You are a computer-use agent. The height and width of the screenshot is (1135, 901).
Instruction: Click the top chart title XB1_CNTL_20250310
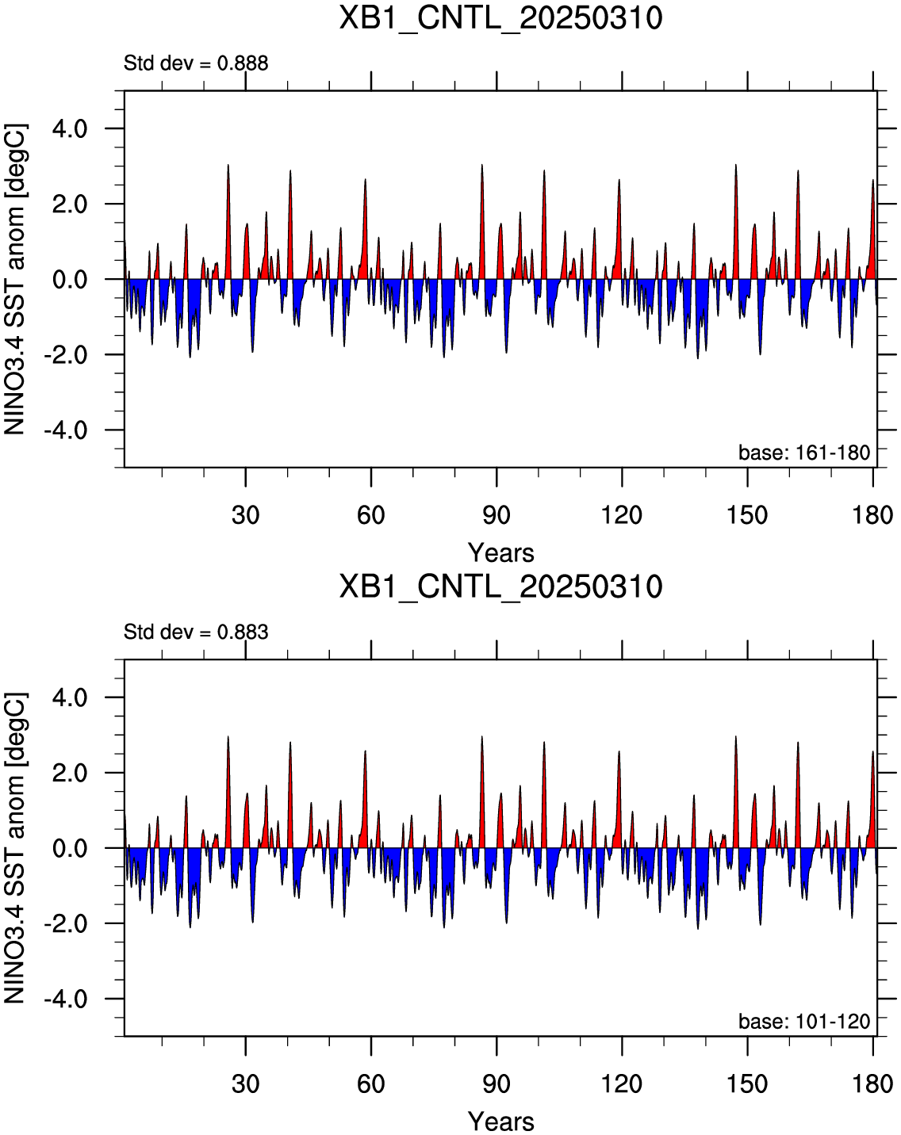tap(500, 19)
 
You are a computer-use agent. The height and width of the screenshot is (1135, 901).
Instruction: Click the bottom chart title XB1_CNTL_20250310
tap(500, 587)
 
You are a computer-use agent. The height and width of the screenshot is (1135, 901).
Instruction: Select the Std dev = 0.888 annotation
tap(196, 63)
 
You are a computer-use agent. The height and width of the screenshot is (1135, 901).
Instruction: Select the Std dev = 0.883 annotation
tap(196, 632)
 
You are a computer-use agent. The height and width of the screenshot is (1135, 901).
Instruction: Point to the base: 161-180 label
tap(804, 453)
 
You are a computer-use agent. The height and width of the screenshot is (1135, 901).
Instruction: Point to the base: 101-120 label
tap(804, 1021)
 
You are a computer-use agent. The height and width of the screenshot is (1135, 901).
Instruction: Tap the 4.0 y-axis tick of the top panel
tap(70, 128)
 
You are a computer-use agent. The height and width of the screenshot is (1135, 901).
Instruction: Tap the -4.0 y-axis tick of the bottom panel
tap(66, 999)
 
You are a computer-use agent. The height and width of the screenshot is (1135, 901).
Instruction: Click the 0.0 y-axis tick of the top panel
tap(70, 280)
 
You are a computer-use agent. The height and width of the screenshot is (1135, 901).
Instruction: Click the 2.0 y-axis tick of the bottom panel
tap(70, 773)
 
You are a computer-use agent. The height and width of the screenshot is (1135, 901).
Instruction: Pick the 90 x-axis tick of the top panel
tap(497, 514)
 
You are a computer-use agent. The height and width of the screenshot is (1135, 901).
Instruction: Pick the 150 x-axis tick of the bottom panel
tap(747, 1083)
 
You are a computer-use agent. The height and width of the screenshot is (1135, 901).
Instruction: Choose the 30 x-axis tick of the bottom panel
tap(245, 1083)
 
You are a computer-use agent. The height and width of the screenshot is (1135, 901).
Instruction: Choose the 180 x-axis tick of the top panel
tap(872, 514)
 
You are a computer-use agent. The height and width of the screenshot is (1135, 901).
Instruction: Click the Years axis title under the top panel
tap(501, 552)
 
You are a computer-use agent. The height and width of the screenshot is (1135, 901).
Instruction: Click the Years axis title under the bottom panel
tap(501, 1121)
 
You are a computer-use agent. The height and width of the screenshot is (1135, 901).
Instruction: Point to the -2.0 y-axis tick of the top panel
tap(66, 355)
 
